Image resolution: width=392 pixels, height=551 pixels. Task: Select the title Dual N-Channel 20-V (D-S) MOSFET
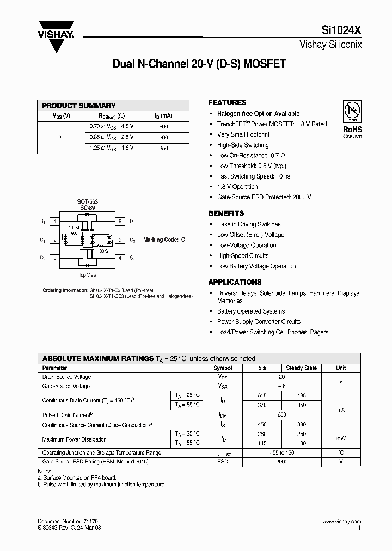[199, 64]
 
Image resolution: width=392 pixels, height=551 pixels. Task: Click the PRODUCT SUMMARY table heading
[79, 106]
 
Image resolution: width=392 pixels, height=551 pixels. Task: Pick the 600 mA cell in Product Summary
[163, 127]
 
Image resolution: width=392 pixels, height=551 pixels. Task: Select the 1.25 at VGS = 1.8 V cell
[112, 148]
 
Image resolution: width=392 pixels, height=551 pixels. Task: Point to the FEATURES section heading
[227, 102]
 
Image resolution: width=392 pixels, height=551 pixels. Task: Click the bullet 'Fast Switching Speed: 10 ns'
[254, 176]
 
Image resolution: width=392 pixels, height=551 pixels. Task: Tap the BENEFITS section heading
[226, 213]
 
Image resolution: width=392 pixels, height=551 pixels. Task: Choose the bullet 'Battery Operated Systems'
[251, 311]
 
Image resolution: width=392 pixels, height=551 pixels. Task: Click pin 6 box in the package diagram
[119, 222]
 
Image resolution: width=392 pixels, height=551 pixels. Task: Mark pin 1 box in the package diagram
[55, 222]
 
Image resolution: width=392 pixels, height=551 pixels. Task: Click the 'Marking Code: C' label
[164, 240]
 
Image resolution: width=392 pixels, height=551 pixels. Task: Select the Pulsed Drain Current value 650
[281, 415]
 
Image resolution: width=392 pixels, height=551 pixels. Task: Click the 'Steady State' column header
[301, 368]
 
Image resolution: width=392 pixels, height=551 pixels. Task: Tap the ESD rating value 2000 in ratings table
[281, 462]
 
